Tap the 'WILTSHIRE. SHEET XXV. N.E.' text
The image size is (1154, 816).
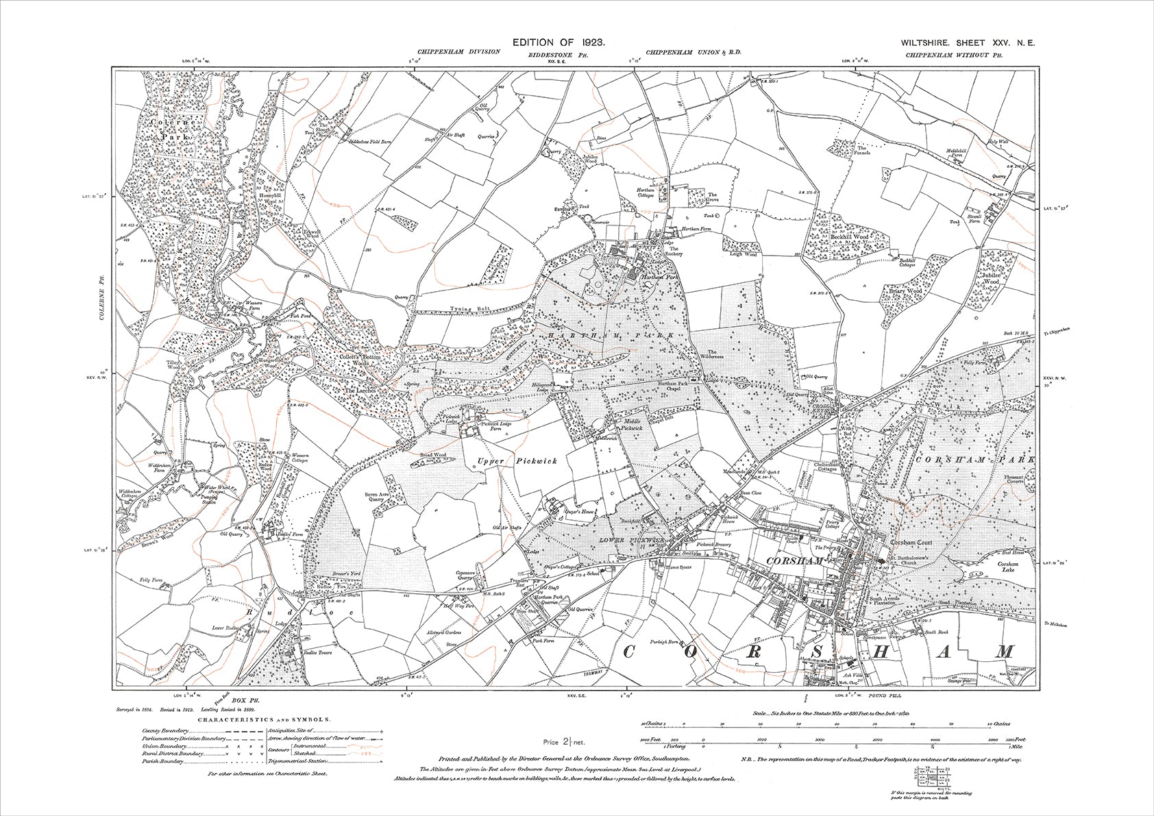[x=968, y=43]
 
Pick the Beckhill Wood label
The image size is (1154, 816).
[x=851, y=236]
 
